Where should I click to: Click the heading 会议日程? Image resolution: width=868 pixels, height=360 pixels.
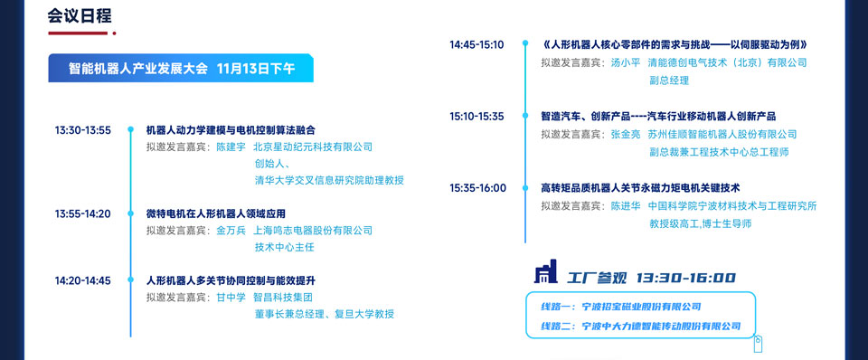click(80, 16)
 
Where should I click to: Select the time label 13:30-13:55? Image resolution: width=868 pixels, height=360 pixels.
click(83, 131)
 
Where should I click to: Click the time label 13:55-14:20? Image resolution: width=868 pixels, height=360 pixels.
click(83, 213)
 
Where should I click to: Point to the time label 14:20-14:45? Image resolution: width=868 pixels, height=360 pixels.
click(83, 280)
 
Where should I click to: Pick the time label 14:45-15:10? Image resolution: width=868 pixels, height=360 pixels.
click(476, 45)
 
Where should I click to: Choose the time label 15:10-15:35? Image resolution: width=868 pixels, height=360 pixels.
click(476, 117)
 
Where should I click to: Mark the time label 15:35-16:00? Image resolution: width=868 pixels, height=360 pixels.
click(477, 188)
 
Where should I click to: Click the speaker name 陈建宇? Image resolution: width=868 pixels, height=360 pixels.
click(231, 147)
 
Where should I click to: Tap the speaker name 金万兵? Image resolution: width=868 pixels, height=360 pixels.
click(231, 231)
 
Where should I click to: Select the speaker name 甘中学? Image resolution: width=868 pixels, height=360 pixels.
click(231, 298)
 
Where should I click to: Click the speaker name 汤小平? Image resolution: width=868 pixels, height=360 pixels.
click(625, 62)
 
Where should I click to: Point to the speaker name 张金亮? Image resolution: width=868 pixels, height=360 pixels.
click(625, 134)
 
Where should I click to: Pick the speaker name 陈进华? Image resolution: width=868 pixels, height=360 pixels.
click(625, 206)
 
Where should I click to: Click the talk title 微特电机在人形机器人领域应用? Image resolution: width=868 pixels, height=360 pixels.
click(215, 213)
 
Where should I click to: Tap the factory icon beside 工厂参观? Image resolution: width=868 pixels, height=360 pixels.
click(545, 271)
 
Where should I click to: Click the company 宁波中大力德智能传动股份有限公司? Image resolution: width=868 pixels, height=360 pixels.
click(662, 327)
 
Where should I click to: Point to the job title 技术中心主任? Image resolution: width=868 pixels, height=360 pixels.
click(284, 247)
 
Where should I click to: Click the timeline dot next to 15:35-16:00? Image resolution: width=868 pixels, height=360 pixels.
click(524, 188)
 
